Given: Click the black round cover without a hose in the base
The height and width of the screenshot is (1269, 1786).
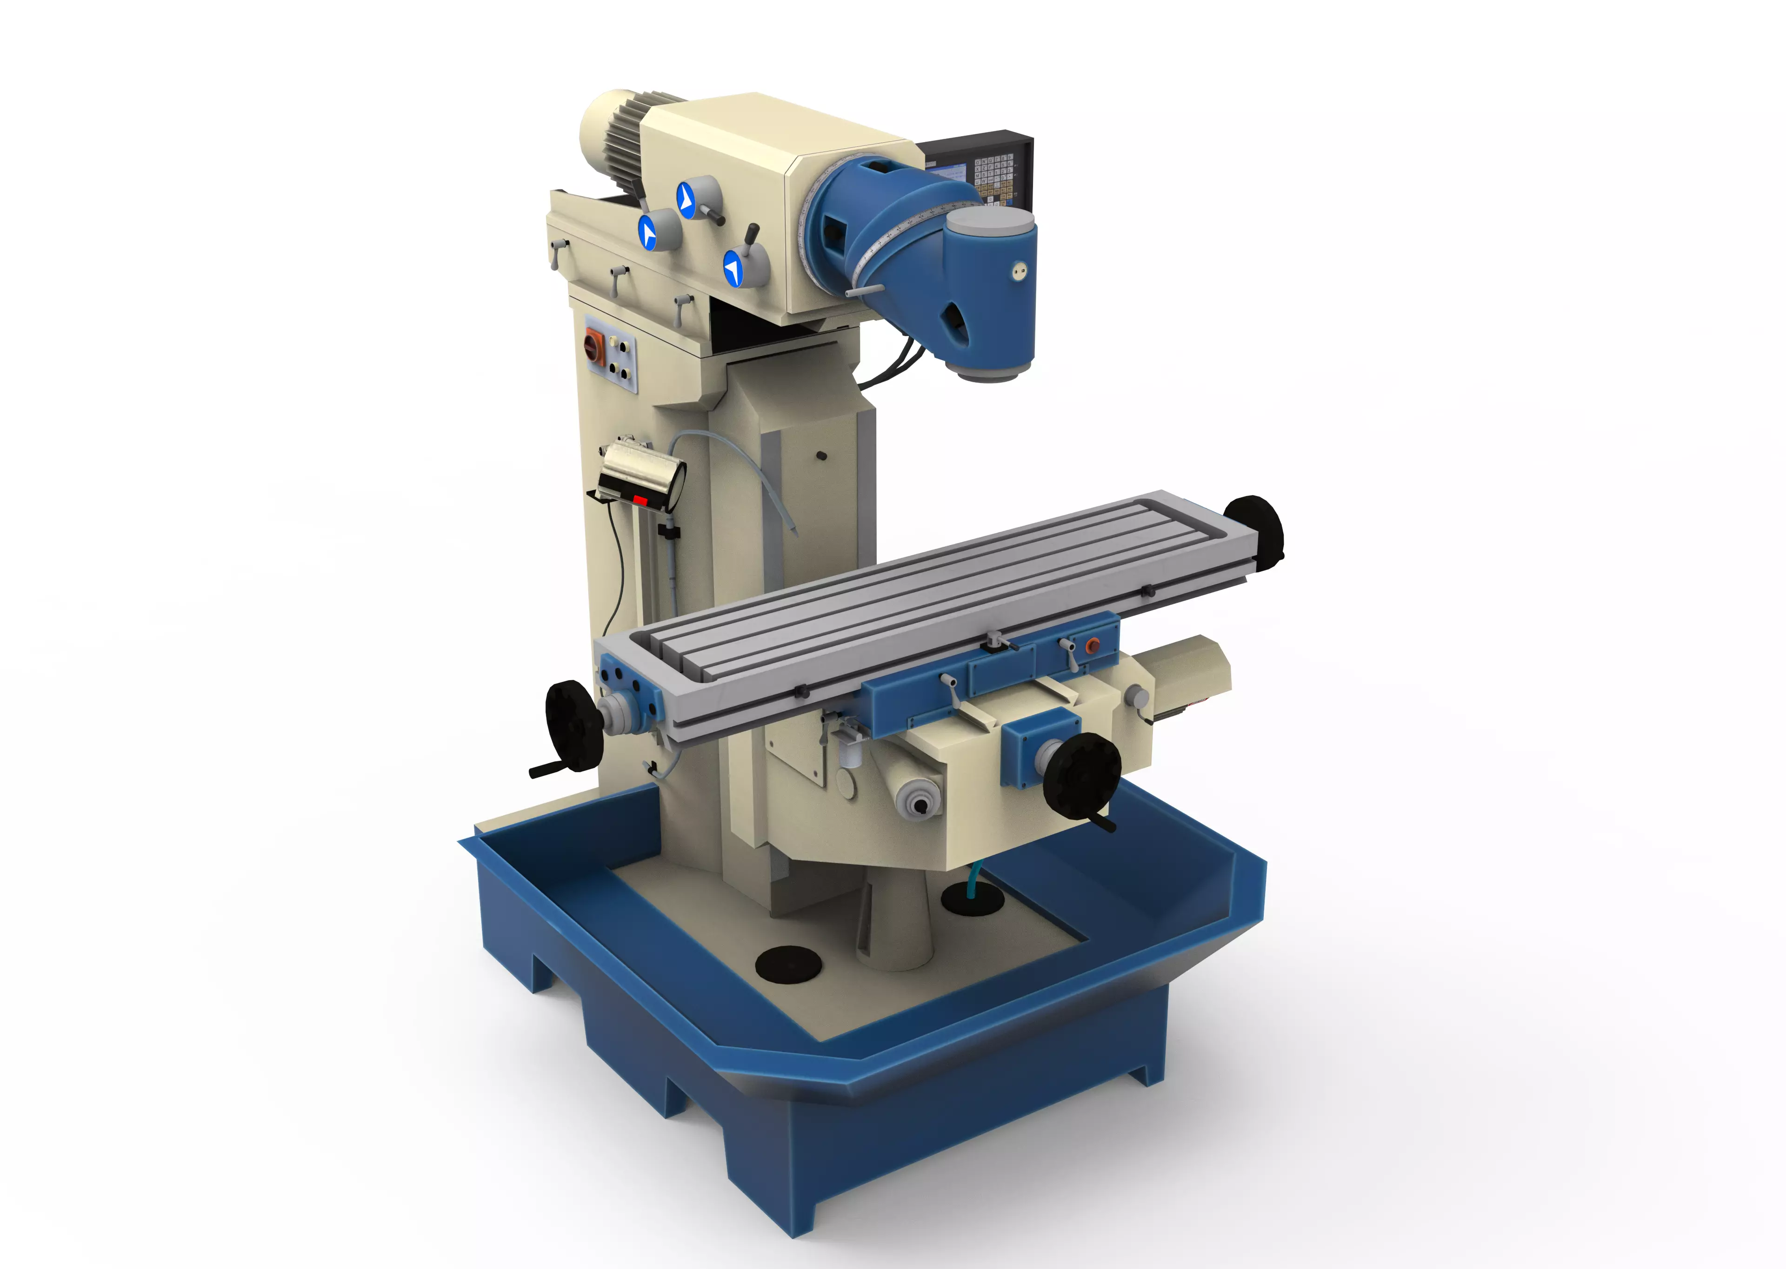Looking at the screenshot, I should (x=788, y=964).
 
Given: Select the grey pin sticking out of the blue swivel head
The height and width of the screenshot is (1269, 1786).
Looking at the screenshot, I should (x=864, y=291).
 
